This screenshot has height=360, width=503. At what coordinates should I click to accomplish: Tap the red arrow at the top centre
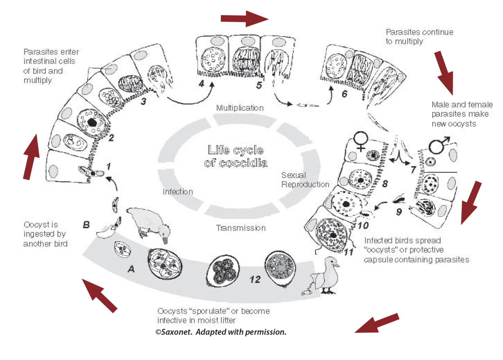[x=244, y=18]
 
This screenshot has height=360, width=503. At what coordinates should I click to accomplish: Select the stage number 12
[x=255, y=279]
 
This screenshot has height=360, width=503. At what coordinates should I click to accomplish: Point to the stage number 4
[x=201, y=84]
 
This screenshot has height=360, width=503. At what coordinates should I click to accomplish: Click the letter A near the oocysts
[x=131, y=269]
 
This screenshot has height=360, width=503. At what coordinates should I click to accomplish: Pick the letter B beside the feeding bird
[x=86, y=225]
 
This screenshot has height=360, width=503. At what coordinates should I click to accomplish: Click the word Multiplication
[x=240, y=108]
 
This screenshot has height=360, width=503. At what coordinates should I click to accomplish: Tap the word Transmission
[x=241, y=228]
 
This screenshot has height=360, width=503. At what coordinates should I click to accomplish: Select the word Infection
[x=178, y=192]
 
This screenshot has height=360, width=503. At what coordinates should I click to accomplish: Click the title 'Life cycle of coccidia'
[x=236, y=156]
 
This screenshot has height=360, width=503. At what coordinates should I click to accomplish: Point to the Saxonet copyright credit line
[x=221, y=332]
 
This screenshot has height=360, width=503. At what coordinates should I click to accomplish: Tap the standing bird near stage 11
[x=327, y=275]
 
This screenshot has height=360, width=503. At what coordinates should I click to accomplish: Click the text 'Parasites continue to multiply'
[x=419, y=37]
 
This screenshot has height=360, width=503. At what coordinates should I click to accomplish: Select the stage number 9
[x=399, y=212]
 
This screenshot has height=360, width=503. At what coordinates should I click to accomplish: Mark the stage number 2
[x=111, y=137]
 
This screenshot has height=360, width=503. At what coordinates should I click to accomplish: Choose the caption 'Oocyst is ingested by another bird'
[x=45, y=234]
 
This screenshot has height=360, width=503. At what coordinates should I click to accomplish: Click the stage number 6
[x=344, y=94]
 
